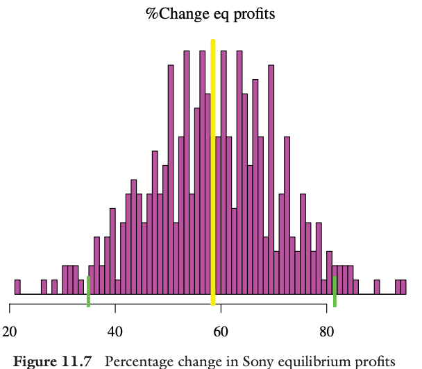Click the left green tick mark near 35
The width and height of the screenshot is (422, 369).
(x=88, y=291)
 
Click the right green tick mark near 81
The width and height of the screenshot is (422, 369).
(x=335, y=291)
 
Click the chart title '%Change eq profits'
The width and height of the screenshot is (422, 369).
(x=210, y=13)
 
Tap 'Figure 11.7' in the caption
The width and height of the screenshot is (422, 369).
(x=55, y=361)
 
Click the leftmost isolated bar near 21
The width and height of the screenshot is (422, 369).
(x=17, y=287)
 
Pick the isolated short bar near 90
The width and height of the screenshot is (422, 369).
(x=377, y=287)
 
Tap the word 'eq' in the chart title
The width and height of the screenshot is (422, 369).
(x=222, y=13)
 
